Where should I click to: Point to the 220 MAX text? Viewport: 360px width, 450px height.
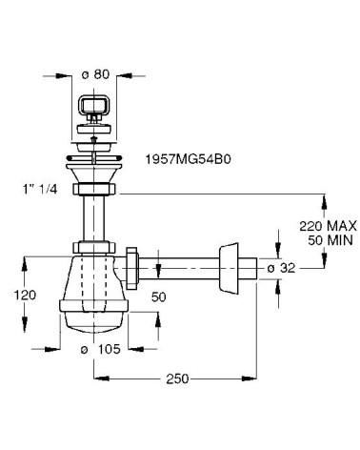(326, 225)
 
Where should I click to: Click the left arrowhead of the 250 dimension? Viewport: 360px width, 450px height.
(97, 378)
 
